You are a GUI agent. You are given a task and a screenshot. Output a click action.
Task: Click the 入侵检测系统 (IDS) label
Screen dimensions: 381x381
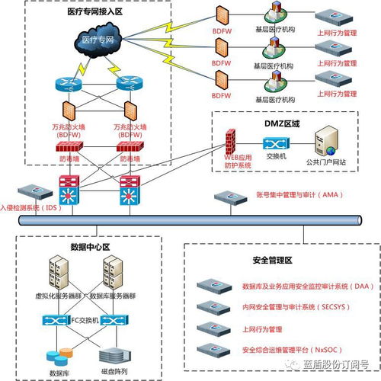click(x=30, y=207)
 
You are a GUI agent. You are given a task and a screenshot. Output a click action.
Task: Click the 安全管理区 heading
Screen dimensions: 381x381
click(x=271, y=260)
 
